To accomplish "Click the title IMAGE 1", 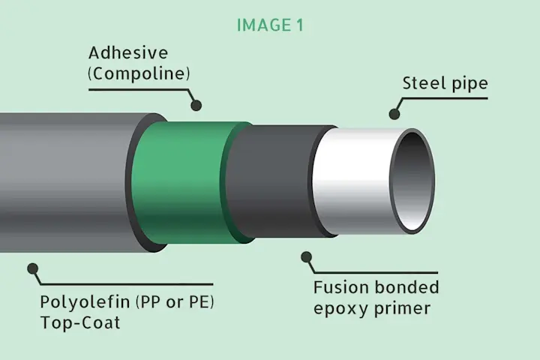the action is point(270,25).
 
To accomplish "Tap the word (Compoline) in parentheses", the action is point(139,74).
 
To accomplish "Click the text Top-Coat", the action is point(80,324).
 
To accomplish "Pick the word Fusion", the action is point(340,288).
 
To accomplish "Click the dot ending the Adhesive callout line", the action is point(196,106).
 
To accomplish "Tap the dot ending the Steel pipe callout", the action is point(394,114).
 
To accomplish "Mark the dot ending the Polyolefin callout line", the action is point(32,267).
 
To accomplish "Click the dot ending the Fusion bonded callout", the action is point(306,256).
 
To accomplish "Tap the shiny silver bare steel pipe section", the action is point(352,180).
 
